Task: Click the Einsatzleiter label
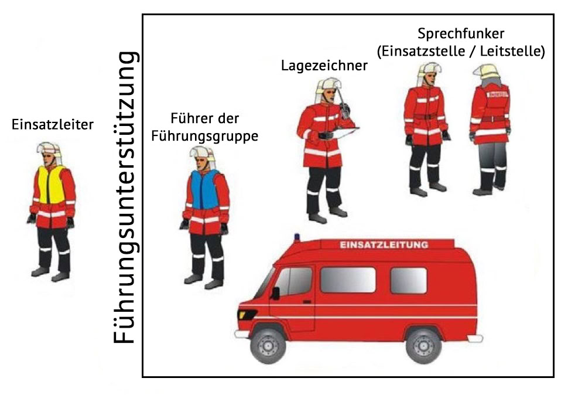pos(53,124)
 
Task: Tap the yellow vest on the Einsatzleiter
pos(52,185)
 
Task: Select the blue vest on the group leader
pos(204,189)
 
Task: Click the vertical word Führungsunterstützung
pos(125,197)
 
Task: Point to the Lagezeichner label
pos(324,66)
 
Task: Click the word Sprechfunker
pos(461,33)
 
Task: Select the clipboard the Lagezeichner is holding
pos(344,132)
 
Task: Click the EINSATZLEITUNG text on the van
pos(384,245)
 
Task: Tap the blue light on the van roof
pos(297,237)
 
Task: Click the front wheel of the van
pos(268,346)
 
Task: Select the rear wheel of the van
pos(423,346)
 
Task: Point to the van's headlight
pos(246,315)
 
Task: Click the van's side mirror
pos(275,293)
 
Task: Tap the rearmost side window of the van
pos(409,280)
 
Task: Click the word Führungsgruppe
pos(204,136)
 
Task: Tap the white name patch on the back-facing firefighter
pos(498,94)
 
